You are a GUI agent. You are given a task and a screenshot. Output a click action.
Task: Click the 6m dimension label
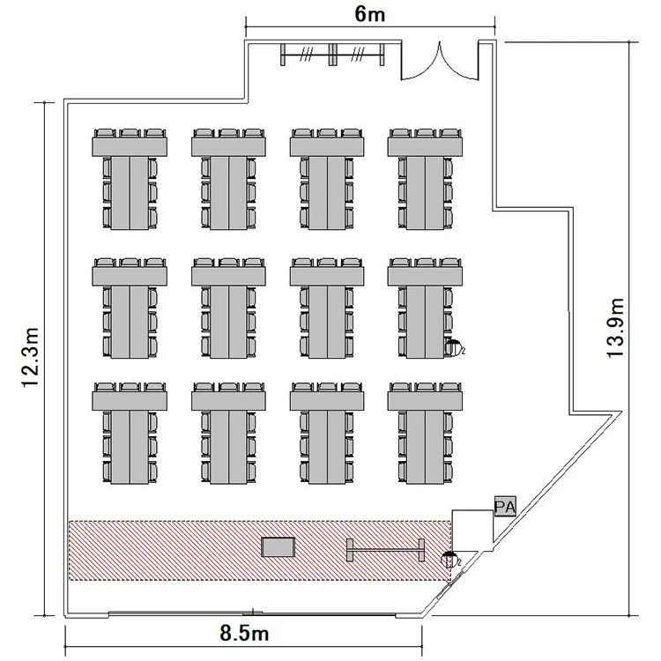pyautogui.click(x=369, y=14)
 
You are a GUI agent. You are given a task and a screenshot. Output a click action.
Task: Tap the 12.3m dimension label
pyautogui.click(x=31, y=357)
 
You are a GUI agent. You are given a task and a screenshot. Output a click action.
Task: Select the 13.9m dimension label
pyautogui.click(x=615, y=328)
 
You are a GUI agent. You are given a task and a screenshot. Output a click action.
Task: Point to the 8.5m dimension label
pyautogui.click(x=244, y=633)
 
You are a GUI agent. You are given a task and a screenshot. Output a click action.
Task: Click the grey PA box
pyautogui.click(x=505, y=506)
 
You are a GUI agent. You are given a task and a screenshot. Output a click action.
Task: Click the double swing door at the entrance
pyautogui.click(x=440, y=61)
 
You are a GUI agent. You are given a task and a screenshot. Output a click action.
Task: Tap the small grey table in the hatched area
pyautogui.click(x=279, y=546)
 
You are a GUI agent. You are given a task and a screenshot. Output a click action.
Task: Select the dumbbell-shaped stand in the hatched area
pyautogui.click(x=385, y=550)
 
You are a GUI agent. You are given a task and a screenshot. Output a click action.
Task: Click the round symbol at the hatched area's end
pyautogui.click(x=449, y=560)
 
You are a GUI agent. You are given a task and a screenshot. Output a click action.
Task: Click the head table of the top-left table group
pyautogui.click(x=130, y=146)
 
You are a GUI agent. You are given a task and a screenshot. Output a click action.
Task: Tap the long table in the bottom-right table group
pyautogui.click(x=425, y=447)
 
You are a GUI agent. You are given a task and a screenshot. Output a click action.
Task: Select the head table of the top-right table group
pyautogui.click(x=425, y=146)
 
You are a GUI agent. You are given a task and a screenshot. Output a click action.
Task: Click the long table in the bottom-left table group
pyautogui.click(x=130, y=447)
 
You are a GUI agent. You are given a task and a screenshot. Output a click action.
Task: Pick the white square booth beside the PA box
pyautogui.click(x=472, y=526)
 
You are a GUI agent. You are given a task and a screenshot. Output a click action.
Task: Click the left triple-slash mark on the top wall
pyautogui.click(x=307, y=55)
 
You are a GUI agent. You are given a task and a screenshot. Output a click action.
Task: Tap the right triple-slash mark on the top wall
pyautogui.click(x=358, y=55)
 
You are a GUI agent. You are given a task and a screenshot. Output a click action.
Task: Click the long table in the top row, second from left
pyautogui.click(x=229, y=193)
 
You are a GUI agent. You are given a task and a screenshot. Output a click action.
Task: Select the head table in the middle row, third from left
pyautogui.click(x=327, y=276)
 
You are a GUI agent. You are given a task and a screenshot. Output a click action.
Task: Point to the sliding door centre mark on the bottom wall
pyautogui.click(x=253, y=613)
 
